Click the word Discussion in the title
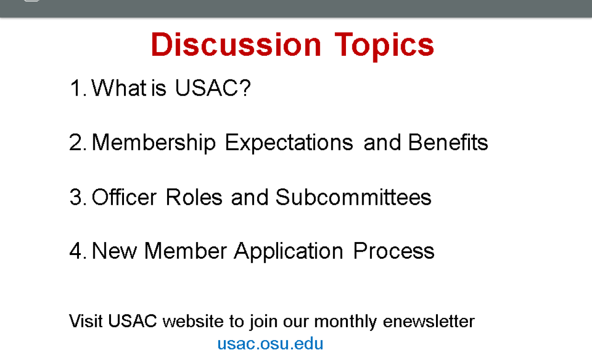pos(236,45)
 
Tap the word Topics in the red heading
pos(384,47)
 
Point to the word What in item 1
pos(119,88)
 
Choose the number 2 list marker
pos(78,143)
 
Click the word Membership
pos(154,143)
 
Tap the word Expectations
pos(289,143)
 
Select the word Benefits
pos(448,142)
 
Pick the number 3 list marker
pos(78,197)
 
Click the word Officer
pos(124,196)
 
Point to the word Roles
pos(194,197)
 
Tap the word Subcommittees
pos(353,196)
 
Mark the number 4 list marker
pos(78,251)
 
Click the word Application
pos(288,251)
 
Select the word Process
pos(394,251)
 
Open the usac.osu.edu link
pos(270,344)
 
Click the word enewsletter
pos(429,321)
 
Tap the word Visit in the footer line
pos(85,321)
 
